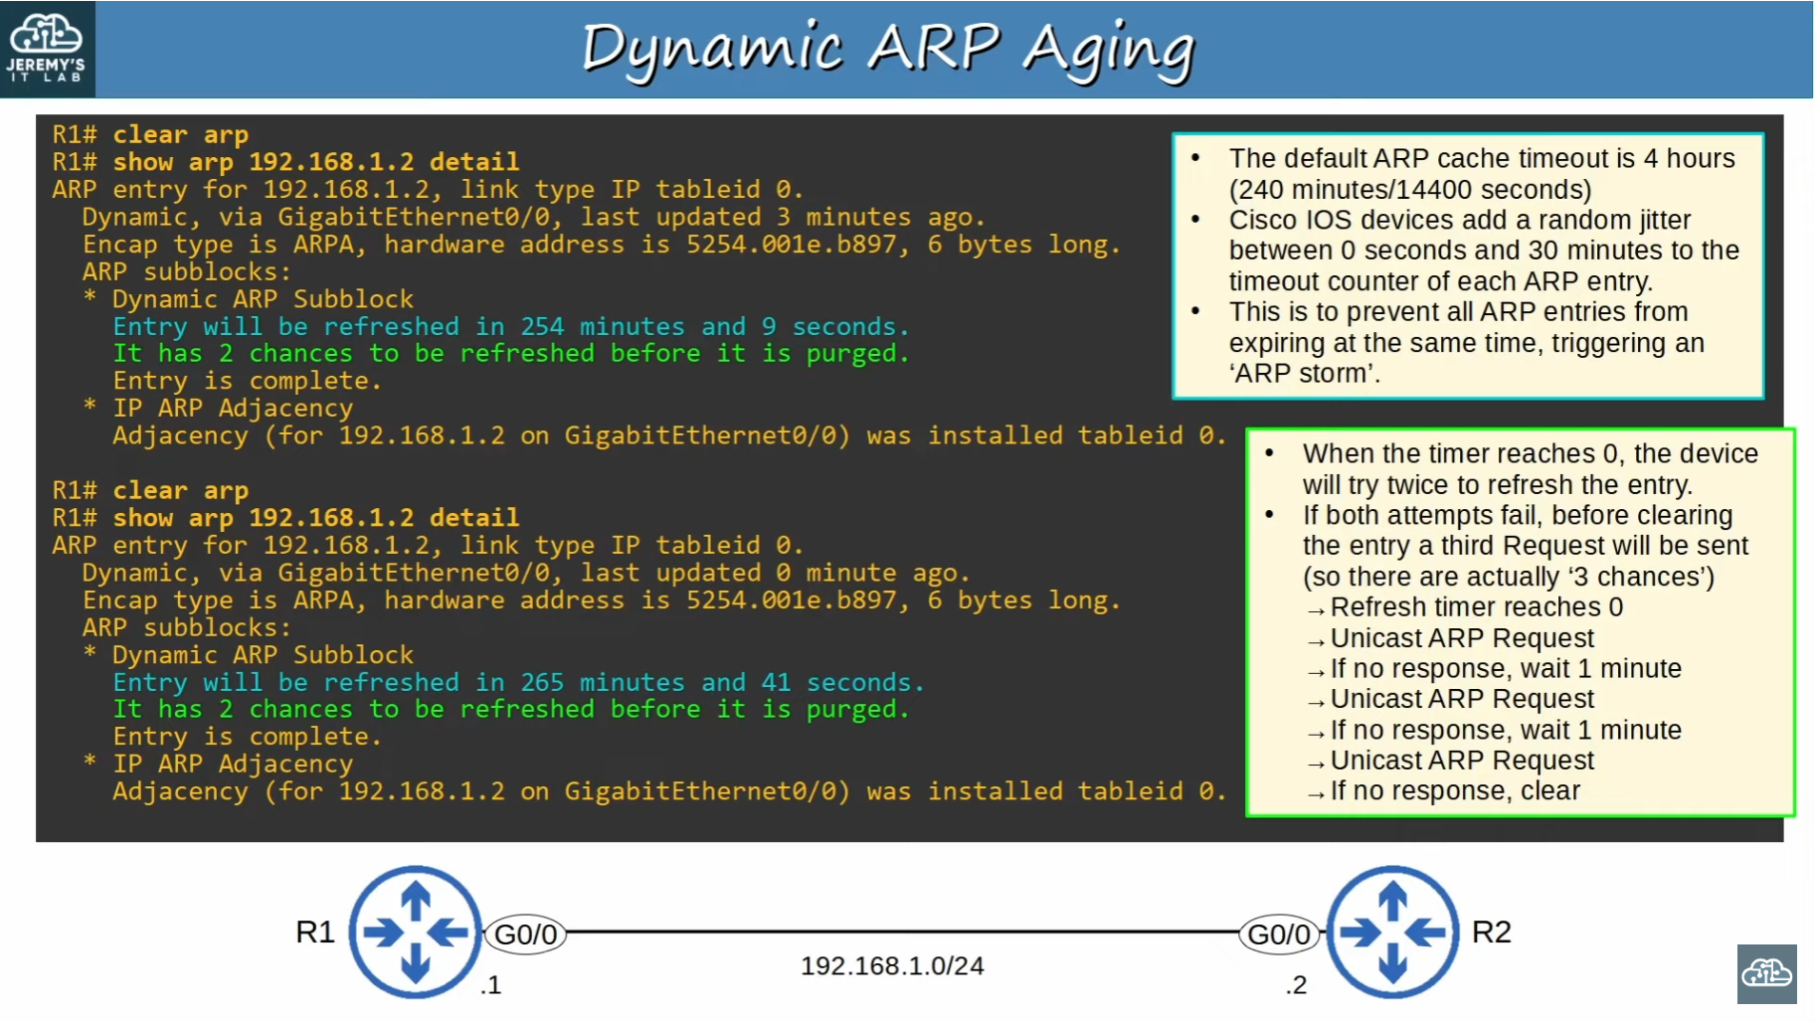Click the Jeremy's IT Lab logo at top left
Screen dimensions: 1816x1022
47,49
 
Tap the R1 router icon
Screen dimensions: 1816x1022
416,932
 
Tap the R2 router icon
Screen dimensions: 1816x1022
1392,932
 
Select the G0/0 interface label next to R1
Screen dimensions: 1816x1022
526,935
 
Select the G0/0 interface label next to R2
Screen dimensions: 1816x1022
1279,935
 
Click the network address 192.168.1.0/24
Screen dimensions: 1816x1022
892,965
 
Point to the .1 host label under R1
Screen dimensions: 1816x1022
490,985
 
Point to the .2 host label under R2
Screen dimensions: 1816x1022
1296,985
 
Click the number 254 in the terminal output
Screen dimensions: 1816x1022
542,326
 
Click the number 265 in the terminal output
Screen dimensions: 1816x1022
542,682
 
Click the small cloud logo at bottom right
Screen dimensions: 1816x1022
1766,973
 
